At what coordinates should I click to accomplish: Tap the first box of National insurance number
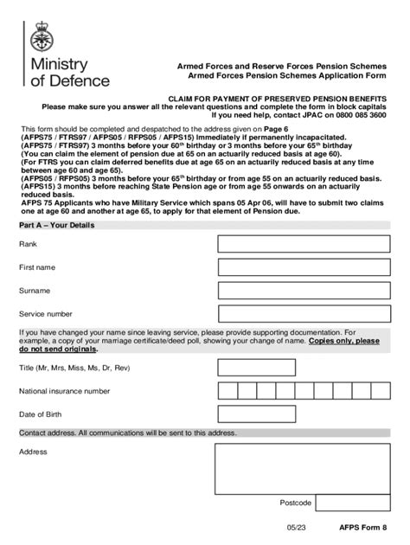[227, 391]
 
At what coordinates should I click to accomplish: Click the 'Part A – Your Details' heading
[57, 225]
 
